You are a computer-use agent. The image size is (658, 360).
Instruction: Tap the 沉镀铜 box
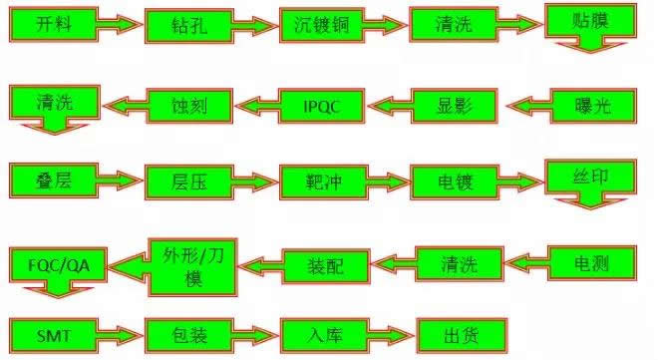(x=311, y=25)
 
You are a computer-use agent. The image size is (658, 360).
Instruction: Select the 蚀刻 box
(x=188, y=103)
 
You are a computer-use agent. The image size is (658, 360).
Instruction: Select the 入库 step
(x=311, y=332)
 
